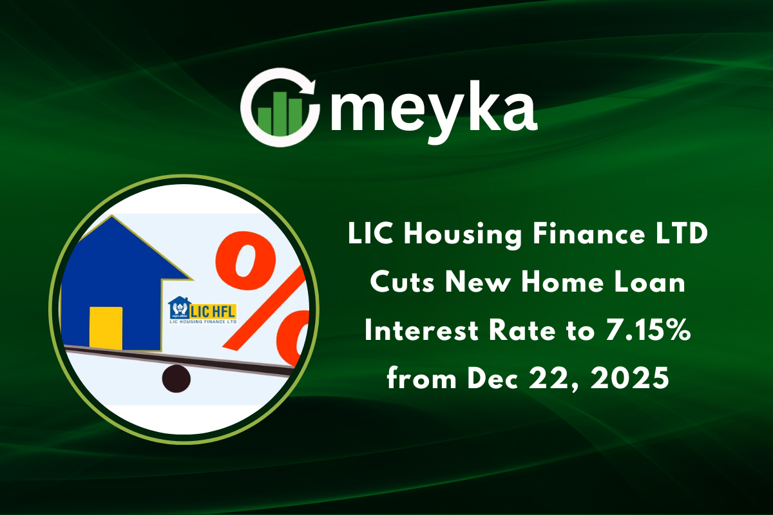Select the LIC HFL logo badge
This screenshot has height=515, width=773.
pyautogui.click(x=202, y=310)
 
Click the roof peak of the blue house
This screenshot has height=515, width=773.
pyautogui.click(x=113, y=220)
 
